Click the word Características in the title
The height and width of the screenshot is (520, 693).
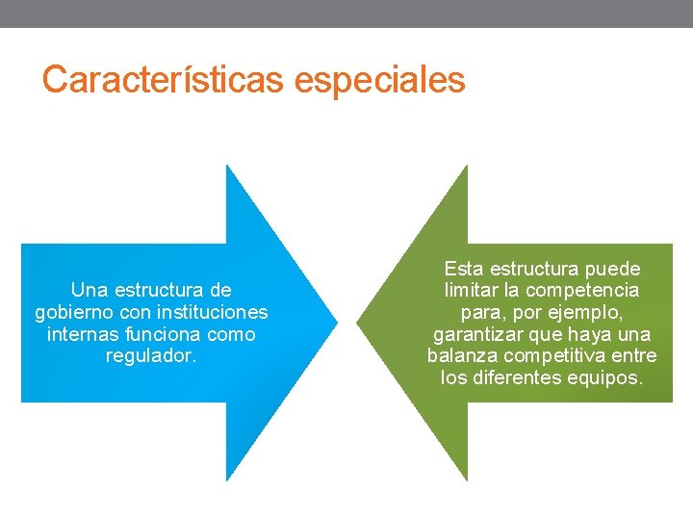(x=164, y=79)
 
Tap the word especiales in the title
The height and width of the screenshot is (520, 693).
(x=379, y=79)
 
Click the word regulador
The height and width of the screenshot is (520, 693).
(x=151, y=356)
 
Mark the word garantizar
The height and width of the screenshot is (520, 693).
(x=479, y=334)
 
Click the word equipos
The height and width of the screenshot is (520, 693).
(x=608, y=378)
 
